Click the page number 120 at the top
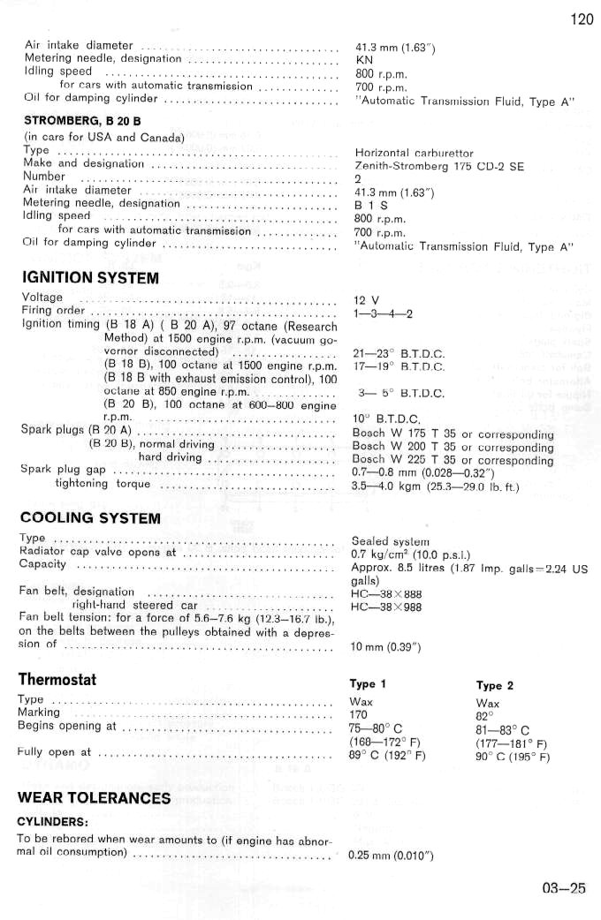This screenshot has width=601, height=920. (x=582, y=19)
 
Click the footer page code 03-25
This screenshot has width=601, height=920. (x=563, y=888)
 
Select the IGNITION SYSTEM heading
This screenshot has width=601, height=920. (x=90, y=278)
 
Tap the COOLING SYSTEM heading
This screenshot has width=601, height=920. (x=90, y=517)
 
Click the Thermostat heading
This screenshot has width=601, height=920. (x=57, y=679)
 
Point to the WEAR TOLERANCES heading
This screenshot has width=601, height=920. (x=94, y=798)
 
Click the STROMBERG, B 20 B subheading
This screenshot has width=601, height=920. (x=82, y=120)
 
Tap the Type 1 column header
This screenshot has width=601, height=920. (x=369, y=684)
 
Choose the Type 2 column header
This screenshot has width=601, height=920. (x=495, y=685)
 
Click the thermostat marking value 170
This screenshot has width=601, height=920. (x=360, y=713)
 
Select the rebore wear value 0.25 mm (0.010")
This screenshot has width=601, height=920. (x=390, y=855)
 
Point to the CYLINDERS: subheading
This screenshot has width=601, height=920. (x=53, y=820)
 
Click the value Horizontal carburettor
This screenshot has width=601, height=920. (x=414, y=153)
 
